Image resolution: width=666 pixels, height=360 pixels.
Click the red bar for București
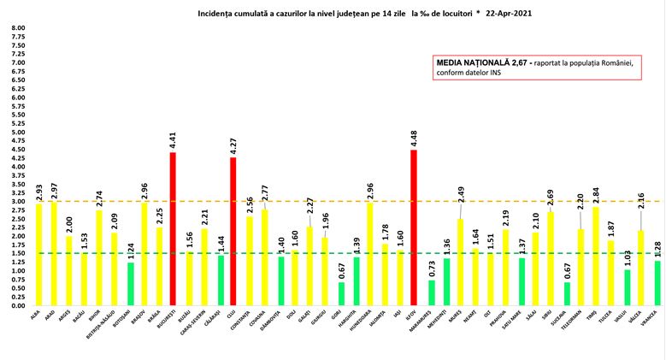click(173, 228)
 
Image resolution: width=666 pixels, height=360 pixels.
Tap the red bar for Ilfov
click(415, 227)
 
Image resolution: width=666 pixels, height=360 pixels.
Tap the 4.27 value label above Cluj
click(233, 147)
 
